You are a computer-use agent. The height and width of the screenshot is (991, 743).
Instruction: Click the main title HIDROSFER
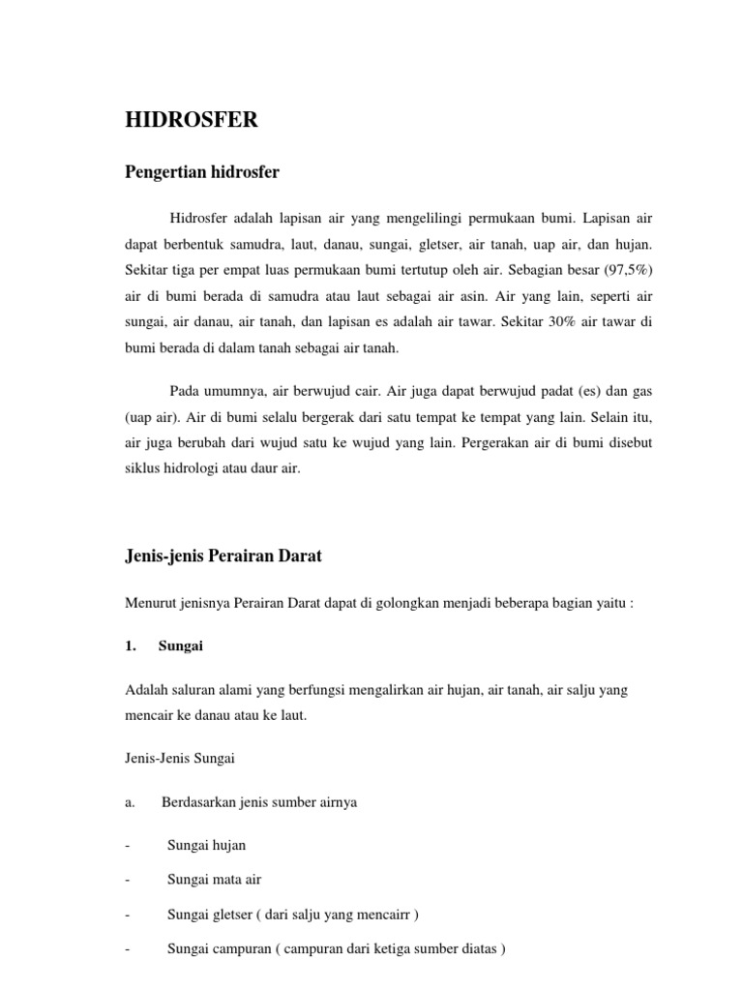pos(193,121)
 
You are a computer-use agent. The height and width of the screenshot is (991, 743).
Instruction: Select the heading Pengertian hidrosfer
pos(202,172)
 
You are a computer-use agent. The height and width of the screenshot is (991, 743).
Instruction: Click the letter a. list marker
pos(131,802)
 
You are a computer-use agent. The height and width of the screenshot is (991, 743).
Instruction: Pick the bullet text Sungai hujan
pos(206,844)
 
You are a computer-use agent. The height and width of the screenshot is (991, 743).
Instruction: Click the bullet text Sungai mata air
pos(214,879)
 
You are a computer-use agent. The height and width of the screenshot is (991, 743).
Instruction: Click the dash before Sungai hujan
pos(128,844)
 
